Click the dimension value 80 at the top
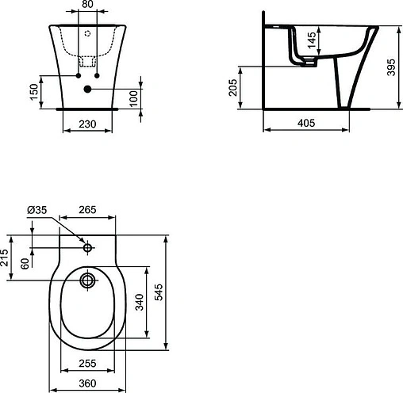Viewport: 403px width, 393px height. click(x=88, y=5)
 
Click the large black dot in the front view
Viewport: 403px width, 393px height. click(x=87, y=90)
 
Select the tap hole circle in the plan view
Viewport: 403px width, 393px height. click(x=87, y=244)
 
